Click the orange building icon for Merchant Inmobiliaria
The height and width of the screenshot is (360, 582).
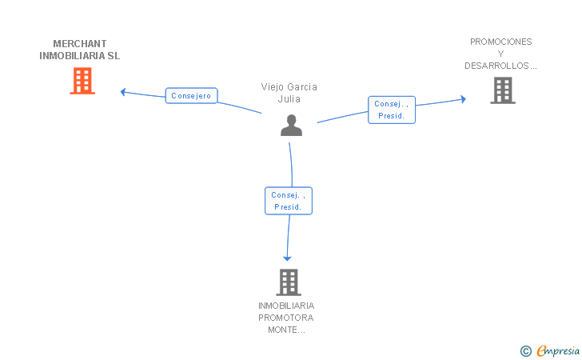tap(82, 81)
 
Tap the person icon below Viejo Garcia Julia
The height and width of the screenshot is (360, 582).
tap(291, 126)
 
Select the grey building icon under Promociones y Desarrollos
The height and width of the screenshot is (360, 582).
tap(503, 90)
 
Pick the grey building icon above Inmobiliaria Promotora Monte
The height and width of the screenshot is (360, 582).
tap(289, 282)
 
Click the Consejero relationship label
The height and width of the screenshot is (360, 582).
tap(191, 95)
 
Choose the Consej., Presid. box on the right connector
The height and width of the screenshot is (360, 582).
tap(392, 110)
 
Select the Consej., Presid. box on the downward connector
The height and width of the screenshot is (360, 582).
tap(289, 201)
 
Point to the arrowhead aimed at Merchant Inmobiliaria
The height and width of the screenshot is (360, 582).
tap(123, 92)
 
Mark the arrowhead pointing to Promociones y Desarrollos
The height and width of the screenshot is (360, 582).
tap(463, 99)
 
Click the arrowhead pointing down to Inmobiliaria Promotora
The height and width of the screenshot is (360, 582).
tap(287, 258)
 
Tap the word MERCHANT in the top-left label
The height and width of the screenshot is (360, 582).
tap(80, 44)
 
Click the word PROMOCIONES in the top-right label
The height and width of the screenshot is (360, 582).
tap(500, 42)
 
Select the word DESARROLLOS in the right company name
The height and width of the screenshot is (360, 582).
tap(496, 66)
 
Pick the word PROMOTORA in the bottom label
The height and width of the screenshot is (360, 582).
tap(286, 318)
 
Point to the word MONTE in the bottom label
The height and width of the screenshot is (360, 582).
tap(281, 330)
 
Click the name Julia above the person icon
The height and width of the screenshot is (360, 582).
tap(289, 99)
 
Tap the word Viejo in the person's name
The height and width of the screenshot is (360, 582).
tap(271, 87)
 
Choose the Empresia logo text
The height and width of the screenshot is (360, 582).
tap(558, 350)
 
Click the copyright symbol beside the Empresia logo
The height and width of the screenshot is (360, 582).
tap(526, 351)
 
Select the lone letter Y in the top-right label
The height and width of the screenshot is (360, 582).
tap(500, 54)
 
